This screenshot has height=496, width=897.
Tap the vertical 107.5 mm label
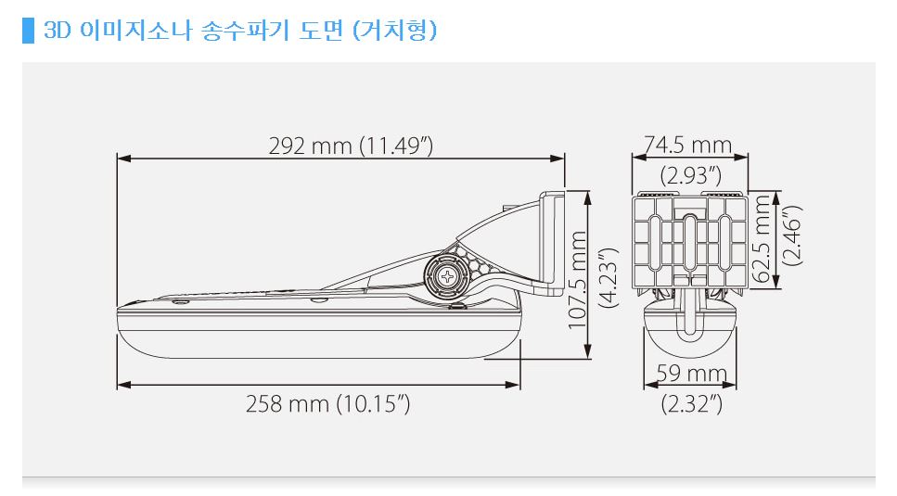(x=578, y=274)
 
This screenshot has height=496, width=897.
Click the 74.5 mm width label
(x=687, y=145)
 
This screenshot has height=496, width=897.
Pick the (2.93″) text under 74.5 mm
(x=690, y=173)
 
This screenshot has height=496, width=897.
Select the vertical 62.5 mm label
(x=763, y=239)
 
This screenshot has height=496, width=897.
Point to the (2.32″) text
(x=691, y=403)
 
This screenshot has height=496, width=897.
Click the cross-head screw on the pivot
(x=449, y=275)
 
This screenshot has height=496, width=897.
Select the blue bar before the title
(x=28, y=30)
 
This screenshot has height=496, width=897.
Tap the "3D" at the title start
(x=58, y=30)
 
